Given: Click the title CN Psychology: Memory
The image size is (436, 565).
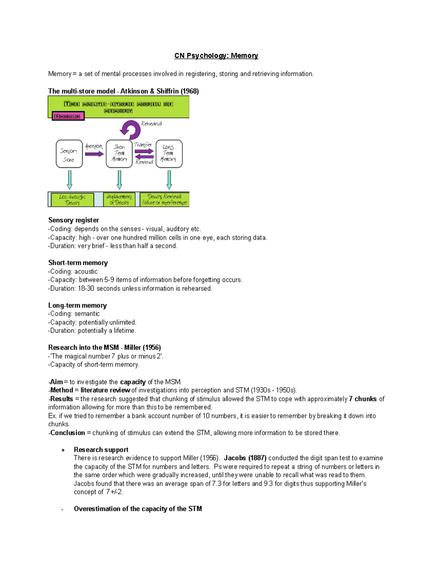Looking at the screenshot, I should (216, 56).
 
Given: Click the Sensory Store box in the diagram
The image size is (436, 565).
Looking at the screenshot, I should (69, 154).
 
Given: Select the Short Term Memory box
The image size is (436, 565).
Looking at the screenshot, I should (119, 154).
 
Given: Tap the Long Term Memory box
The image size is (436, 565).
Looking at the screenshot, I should (169, 154).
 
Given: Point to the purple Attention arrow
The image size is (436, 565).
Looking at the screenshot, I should (94, 154).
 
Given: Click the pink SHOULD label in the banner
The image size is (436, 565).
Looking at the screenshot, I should (68, 116).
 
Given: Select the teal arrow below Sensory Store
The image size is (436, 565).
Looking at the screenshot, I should (69, 180).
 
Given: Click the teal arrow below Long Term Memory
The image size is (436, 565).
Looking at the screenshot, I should (169, 180).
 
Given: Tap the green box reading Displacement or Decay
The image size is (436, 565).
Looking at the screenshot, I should (119, 199).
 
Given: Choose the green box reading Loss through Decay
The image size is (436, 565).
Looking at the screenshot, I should (72, 200).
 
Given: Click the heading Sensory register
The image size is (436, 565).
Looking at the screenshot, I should (73, 220).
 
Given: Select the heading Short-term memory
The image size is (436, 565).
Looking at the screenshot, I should (78, 263).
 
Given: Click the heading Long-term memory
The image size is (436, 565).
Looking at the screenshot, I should (77, 305).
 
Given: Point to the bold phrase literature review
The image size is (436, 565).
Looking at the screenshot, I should (105, 390).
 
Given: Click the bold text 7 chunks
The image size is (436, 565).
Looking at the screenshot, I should (363, 399).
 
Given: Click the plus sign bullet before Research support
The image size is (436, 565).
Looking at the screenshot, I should (63, 450).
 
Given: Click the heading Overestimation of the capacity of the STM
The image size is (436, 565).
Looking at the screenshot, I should (138, 509).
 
